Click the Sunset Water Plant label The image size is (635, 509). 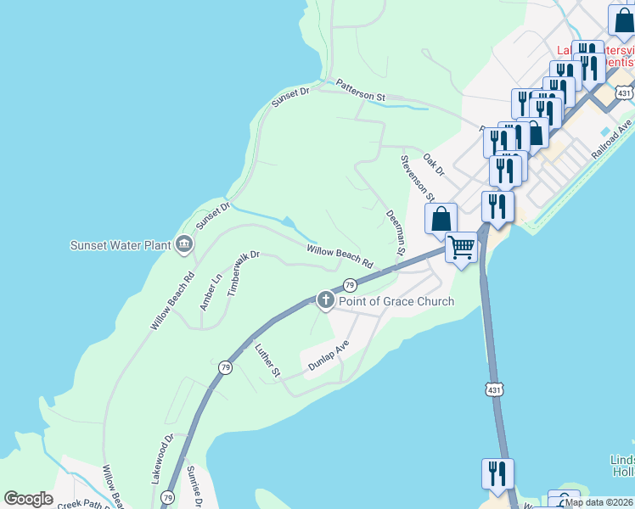[x=121, y=246]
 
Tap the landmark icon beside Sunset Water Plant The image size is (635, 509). [x=183, y=246]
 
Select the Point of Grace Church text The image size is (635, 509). [x=396, y=301]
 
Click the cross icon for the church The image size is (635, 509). [x=325, y=299]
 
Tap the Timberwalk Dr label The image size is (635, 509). [x=235, y=271]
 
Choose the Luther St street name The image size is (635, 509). [x=267, y=359]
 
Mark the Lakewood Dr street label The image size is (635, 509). [x=162, y=459]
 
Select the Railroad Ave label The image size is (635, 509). [x=613, y=137]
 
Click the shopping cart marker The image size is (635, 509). [x=461, y=248]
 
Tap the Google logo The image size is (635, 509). [x=28, y=499]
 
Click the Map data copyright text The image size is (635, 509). [x=598, y=502]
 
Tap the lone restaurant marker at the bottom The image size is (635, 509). [x=497, y=473]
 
